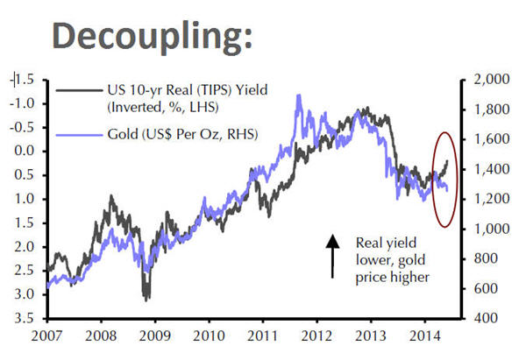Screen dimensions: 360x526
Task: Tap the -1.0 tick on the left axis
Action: click(24, 103)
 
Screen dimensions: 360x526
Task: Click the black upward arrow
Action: click(333, 256)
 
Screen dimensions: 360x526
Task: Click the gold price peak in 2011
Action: click(299, 95)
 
